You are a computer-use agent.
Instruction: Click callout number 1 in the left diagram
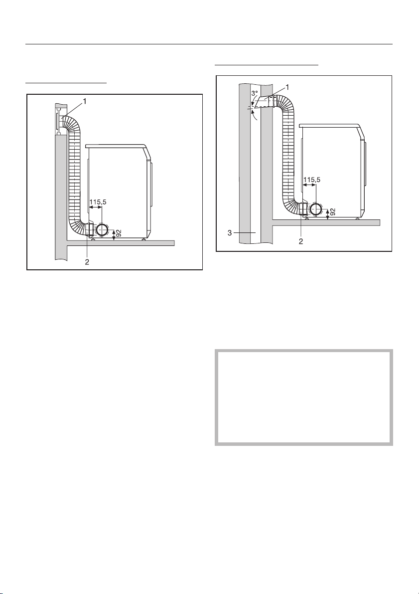[85, 101]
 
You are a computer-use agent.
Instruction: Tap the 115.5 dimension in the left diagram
[98, 202]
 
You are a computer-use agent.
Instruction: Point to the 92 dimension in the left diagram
[118, 233]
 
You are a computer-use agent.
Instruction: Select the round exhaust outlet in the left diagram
[103, 230]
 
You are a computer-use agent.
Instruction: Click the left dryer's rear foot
[93, 239]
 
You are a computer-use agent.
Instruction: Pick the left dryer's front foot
[143, 239]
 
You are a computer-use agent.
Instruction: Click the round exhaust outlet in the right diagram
[315, 208]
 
